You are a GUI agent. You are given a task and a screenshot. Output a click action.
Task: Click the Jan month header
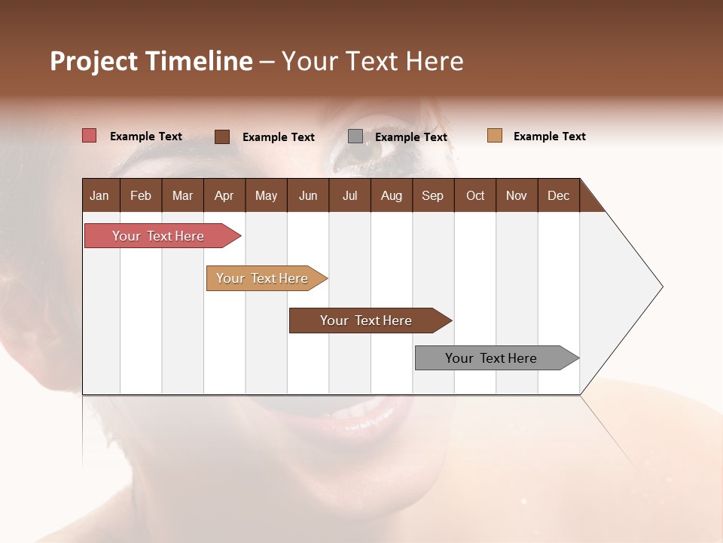click(x=99, y=195)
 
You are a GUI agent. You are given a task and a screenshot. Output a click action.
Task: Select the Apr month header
click(x=224, y=195)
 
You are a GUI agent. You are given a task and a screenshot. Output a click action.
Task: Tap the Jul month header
click(x=349, y=195)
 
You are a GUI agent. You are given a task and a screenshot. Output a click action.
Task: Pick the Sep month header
click(x=432, y=195)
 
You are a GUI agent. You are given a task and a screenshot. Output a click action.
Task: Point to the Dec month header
click(x=558, y=195)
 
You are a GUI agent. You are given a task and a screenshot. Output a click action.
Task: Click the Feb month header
click(x=141, y=195)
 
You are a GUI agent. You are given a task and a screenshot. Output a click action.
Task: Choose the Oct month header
click(x=475, y=195)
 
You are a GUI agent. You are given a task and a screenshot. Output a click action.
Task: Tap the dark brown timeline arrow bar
click(x=367, y=321)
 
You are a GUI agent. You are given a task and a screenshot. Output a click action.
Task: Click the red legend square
click(x=90, y=136)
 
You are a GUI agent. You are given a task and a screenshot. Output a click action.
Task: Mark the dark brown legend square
click(x=222, y=137)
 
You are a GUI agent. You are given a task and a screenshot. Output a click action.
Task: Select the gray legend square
click(x=355, y=137)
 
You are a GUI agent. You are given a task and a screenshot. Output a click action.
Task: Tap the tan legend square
click(x=495, y=136)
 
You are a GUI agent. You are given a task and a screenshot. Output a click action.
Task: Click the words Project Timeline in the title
click(x=151, y=61)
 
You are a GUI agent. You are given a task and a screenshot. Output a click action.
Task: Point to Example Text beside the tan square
click(x=549, y=137)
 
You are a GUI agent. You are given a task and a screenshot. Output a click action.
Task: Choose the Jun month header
click(x=308, y=195)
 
